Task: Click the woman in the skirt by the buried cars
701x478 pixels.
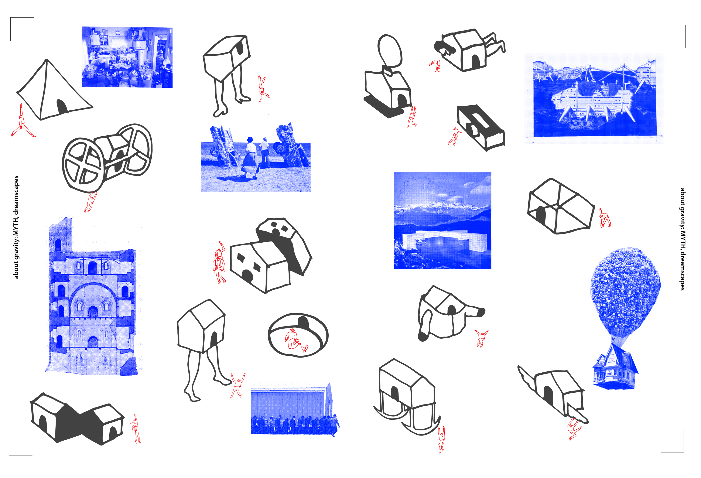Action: pyautogui.click(x=250, y=157)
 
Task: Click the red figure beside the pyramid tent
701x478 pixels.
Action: pyautogui.click(x=22, y=122)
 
